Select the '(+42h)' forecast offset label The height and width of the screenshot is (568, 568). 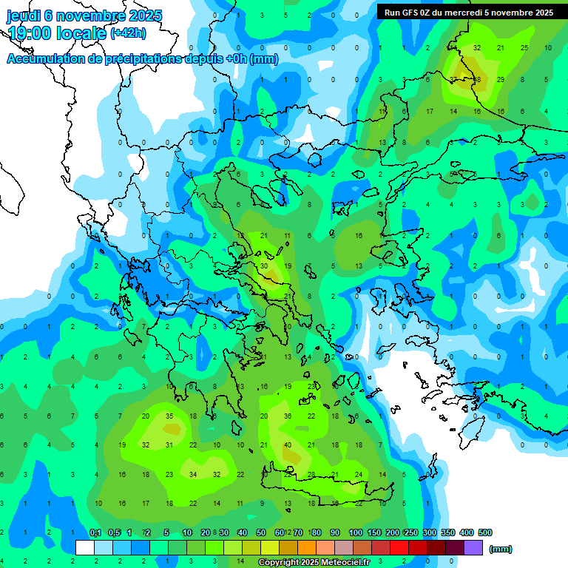(128, 33)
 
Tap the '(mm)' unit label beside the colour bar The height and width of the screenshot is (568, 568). (501, 549)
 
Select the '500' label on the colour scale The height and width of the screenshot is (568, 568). (484, 532)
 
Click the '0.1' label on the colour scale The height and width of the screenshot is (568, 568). (95, 532)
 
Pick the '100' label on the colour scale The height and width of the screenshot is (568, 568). (355, 532)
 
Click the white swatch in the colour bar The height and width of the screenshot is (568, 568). (85, 548)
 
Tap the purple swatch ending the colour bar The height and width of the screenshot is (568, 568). (473, 548)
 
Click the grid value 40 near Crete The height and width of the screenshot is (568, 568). (288, 444)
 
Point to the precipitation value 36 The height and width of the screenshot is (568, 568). (288, 416)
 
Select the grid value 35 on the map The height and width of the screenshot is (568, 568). (169, 416)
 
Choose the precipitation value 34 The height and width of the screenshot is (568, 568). (193, 474)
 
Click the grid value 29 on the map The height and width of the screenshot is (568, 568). (501, 79)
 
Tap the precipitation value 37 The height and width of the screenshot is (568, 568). (453, 79)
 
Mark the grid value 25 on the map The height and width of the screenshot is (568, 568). (524, 47)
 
